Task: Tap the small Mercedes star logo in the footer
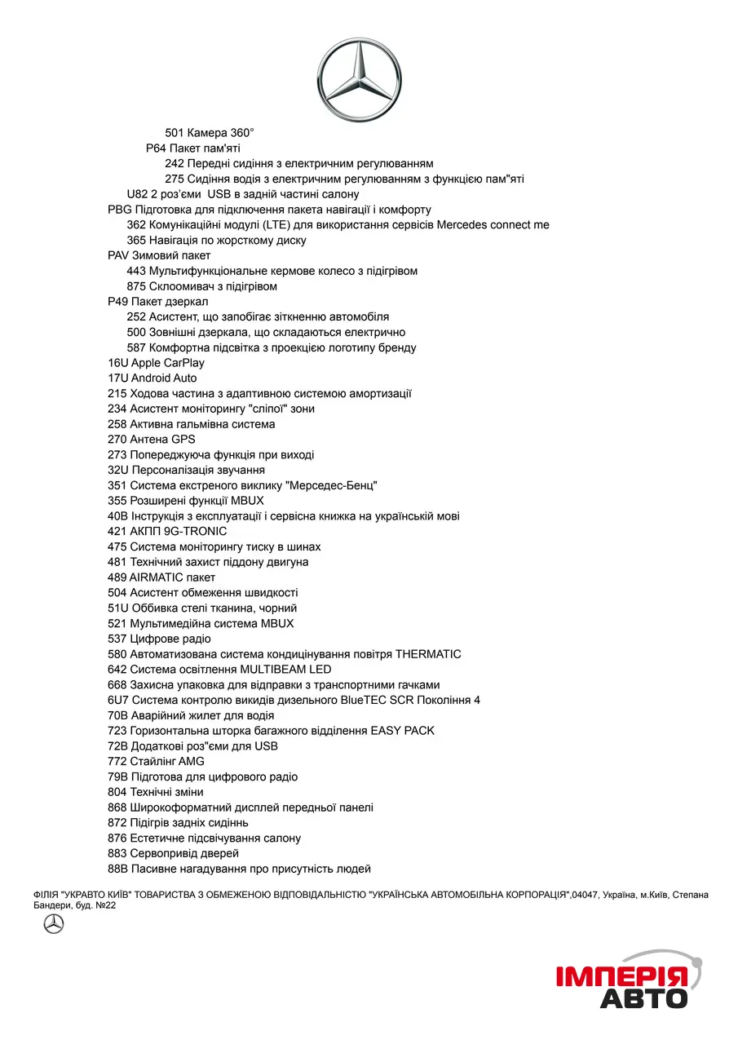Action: click(x=54, y=924)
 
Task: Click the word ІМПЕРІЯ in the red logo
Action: click(x=621, y=976)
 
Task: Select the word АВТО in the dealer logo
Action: click(x=644, y=998)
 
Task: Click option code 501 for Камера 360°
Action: click(x=175, y=133)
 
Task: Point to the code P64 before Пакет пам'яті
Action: click(x=156, y=148)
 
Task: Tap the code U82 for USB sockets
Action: click(x=137, y=194)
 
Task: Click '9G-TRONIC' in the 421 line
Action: click(x=195, y=532)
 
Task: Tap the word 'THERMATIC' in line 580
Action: click(x=428, y=654)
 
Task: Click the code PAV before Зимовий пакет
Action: click(x=118, y=255)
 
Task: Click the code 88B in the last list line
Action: click(x=117, y=869)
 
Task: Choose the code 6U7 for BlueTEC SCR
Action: click(x=117, y=700)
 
